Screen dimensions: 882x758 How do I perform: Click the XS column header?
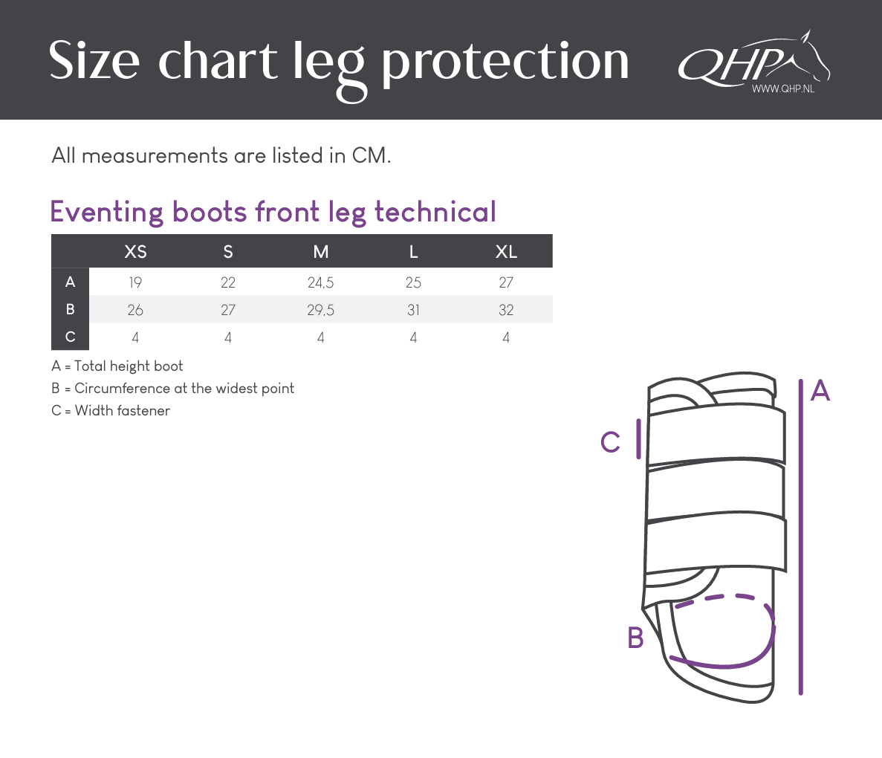click(x=135, y=251)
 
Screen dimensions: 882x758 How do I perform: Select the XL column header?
click(x=506, y=251)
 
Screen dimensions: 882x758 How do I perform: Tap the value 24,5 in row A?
click(x=320, y=282)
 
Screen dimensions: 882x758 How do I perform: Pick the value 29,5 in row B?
click(x=320, y=310)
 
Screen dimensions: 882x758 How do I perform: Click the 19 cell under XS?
click(x=135, y=282)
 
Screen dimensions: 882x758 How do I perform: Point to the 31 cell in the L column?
click(x=413, y=310)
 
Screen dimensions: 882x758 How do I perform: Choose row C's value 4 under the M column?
click(x=320, y=337)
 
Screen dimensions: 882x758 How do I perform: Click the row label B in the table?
click(x=71, y=309)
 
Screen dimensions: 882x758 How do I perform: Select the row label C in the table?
click(x=71, y=337)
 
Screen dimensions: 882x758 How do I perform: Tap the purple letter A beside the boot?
click(x=820, y=390)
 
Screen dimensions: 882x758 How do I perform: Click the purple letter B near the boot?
click(x=635, y=638)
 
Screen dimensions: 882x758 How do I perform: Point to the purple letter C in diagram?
click(x=610, y=442)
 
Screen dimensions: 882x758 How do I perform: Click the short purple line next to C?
click(x=638, y=438)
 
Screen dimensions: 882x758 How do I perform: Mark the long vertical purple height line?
click(x=800, y=537)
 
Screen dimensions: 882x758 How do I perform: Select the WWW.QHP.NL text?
click(x=783, y=89)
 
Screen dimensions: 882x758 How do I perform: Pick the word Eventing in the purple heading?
click(x=107, y=213)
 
